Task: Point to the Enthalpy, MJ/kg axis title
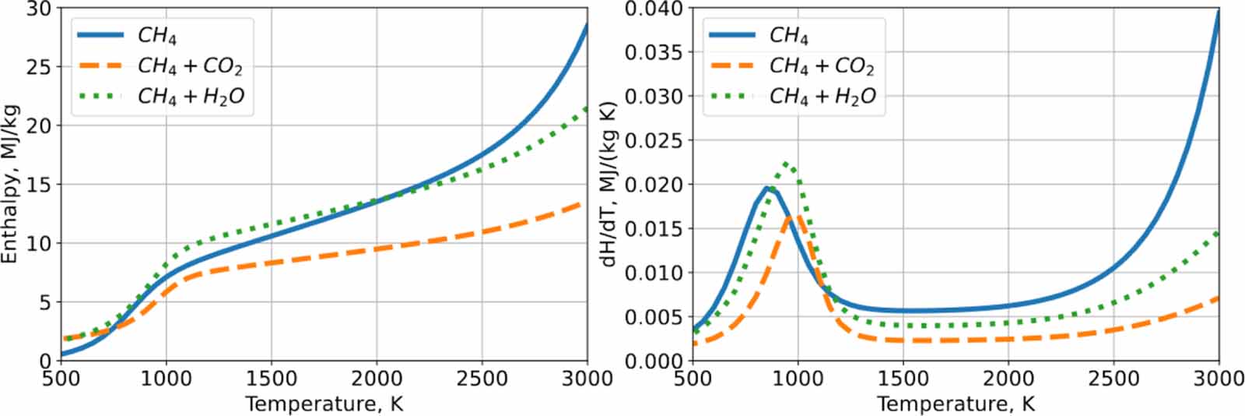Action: pos(11,184)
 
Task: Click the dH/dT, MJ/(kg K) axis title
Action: pos(610,184)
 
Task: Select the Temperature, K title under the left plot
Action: pos(324,404)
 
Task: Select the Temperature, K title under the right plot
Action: pos(956,404)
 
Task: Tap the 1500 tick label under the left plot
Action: pos(272,379)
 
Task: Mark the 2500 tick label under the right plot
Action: pos(1113,379)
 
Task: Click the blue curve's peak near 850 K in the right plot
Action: pos(768,187)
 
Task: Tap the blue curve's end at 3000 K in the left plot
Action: pos(587,24)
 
